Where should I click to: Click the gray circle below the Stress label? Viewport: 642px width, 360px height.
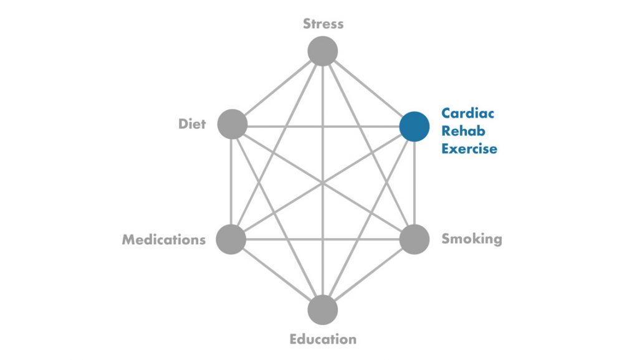[x=323, y=51]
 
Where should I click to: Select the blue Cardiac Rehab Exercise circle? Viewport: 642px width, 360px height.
[x=414, y=126]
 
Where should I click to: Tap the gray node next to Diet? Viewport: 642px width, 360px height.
[x=232, y=124]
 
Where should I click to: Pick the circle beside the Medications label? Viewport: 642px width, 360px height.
[x=231, y=239]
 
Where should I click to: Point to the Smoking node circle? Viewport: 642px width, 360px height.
[x=414, y=239]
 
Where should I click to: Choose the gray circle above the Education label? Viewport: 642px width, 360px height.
[x=323, y=310]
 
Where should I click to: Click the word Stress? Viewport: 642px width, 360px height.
[x=323, y=24]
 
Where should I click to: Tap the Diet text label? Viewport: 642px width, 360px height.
[x=192, y=124]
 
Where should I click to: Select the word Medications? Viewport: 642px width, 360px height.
[x=164, y=239]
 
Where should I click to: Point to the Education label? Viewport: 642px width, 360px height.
[x=323, y=339]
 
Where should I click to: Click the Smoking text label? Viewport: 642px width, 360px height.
[x=472, y=239]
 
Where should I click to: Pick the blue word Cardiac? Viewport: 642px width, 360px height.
[x=467, y=113]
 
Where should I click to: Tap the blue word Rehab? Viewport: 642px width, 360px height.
[x=463, y=131]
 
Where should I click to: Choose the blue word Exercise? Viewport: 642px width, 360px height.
[x=469, y=148]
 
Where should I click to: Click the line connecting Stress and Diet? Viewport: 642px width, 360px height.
[x=277, y=88]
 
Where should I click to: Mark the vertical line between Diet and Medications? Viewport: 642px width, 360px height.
[x=231, y=182]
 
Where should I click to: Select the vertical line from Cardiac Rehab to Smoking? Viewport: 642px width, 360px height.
[x=414, y=183]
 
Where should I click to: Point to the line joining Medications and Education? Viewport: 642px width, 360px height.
[x=277, y=275]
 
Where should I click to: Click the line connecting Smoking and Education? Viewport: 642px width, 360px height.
[x=368, y=275]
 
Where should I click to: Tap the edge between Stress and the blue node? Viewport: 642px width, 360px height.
[x=368, y=89]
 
